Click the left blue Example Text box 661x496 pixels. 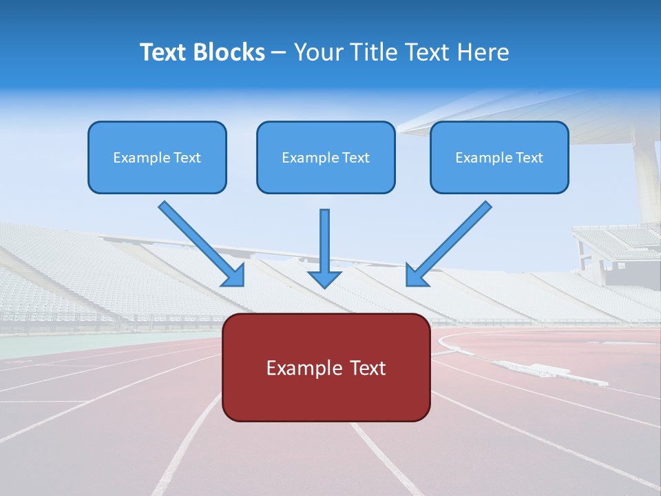pyautogui.click(x=157, y=157)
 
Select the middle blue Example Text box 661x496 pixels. pyautogui.click(x=326, y=157)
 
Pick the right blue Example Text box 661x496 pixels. pyautogui.click(x=499, y=157)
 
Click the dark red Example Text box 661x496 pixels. pyautogui.click(x=326, y=367)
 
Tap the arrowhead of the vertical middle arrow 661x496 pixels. pyautogui.click(x=324, y=278)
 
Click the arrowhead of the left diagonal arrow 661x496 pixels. pyautogui.click(x=234, y=276)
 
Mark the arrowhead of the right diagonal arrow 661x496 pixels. pyautogui.click(x=416, y=276)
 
